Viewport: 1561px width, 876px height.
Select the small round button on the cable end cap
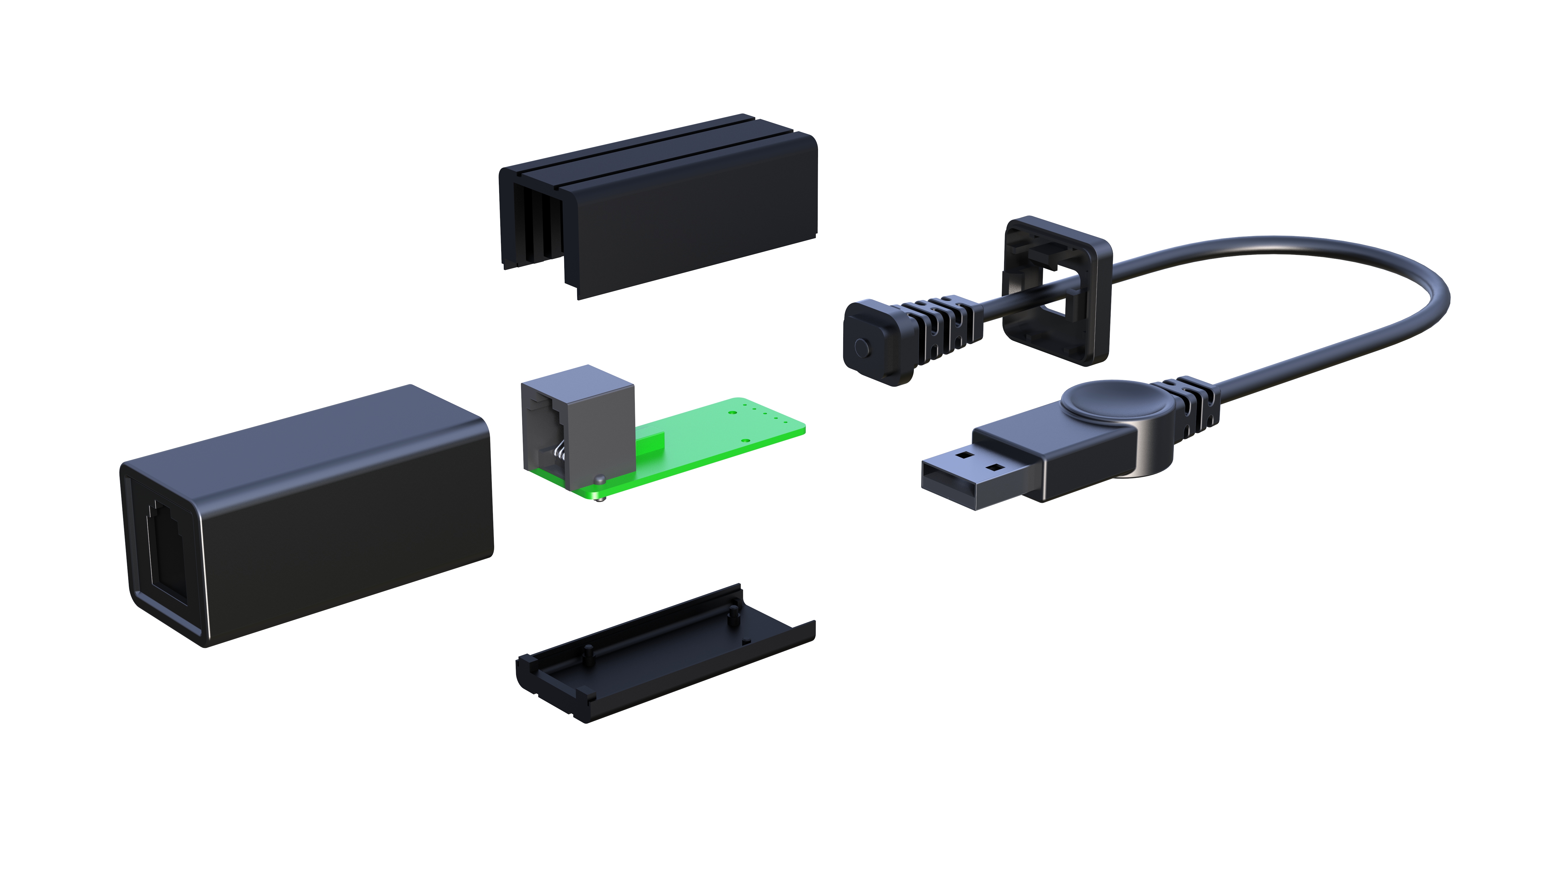coord(860,347)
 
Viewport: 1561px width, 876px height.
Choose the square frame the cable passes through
coord(1058,291)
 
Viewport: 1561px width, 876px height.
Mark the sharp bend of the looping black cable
coord(1430,297)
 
